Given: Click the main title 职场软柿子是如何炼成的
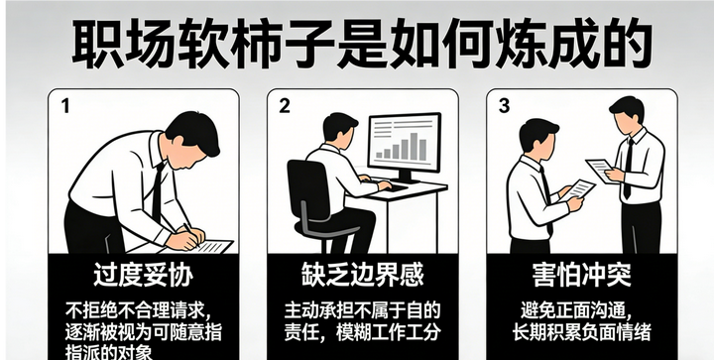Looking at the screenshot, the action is [x=362, y=46].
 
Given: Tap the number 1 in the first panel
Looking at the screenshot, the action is [x=65, y=106].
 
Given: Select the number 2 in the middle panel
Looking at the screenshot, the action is [x=285, y=105].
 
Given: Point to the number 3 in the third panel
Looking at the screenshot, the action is [x=504, y=105].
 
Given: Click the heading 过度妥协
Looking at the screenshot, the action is [x=144, y=275].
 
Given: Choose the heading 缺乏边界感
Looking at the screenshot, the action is [x=363, y=275].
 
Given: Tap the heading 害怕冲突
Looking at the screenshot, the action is [x=582, y=275].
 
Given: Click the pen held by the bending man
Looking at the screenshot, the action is [x=191, y=233].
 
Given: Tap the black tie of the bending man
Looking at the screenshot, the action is [x=158, y=193].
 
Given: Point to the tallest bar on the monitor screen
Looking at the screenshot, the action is [x=414, y=146].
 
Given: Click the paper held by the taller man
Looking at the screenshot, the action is [x=600, y=171].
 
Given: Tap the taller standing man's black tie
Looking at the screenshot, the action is [x=629, y=169].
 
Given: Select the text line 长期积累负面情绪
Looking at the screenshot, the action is [x=581, y=332].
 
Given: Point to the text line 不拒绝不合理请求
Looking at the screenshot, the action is [x=139, y=311].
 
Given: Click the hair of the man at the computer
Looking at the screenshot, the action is [x=340, y=124].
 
